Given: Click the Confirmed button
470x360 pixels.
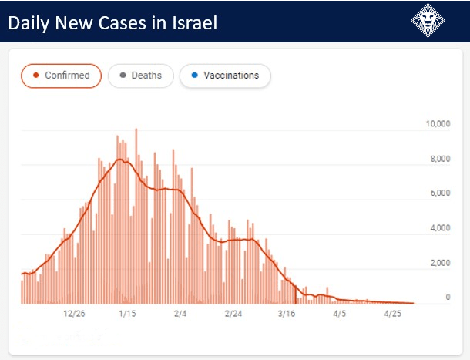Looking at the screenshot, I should click(61, 76).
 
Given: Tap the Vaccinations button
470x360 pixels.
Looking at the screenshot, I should click(224, 76).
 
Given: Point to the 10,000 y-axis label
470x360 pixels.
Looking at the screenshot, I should click(438, 124).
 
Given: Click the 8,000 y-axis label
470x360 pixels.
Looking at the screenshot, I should click(440, 160).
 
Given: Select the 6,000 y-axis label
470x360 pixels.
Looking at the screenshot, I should click(440, 194).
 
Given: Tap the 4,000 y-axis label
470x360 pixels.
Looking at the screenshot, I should click(440, 229).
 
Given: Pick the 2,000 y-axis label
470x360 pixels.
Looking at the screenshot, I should click(440, 264).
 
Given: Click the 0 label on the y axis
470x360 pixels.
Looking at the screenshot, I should click(447, 298).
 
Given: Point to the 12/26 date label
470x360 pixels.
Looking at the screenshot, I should click(74, 314).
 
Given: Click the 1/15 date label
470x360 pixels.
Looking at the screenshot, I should click(127, 314).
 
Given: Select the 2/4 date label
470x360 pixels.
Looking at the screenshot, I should click(180, 314).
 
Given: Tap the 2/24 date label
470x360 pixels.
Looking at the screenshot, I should click(233, 314).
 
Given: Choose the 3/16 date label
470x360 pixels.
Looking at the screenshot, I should click(287, 314).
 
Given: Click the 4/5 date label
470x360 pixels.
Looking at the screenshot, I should click(340, 314).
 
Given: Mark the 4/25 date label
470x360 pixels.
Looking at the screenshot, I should click(393, 314).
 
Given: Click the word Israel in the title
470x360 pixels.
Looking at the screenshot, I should click(191, 23).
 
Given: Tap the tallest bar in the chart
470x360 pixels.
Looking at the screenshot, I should click(136, 216).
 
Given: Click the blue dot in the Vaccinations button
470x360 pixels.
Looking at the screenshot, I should click(194, 76).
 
